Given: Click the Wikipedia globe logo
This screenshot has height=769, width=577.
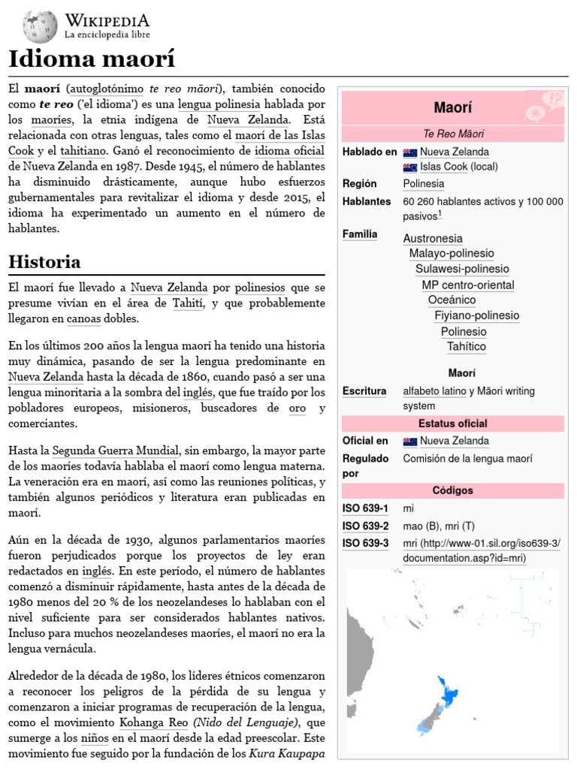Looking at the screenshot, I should coord(40,26).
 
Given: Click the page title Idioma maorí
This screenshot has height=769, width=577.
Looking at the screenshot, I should coord(91,59).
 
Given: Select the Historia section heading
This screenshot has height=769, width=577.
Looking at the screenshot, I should coord(44,262).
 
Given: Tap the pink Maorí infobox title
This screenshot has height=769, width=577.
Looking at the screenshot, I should coord(453,107).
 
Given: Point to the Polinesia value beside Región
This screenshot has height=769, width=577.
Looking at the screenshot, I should coord(423,184).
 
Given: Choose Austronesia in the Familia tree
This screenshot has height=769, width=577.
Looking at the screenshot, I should coord(433,238).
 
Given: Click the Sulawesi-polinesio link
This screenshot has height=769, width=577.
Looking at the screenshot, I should coord(462,269).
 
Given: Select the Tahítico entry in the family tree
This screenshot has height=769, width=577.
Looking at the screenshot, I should coord(466,347).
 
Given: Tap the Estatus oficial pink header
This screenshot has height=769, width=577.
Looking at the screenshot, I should coord(452,424).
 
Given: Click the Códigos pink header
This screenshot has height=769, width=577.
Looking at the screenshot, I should coord(452,490).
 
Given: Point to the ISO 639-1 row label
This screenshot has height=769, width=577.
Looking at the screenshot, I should coord(365,509).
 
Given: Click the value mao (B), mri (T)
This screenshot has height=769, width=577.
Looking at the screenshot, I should coord(439,526).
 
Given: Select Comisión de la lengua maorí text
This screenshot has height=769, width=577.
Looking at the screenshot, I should coord(467,458).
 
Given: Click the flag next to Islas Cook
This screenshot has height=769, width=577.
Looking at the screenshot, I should coord(409,167).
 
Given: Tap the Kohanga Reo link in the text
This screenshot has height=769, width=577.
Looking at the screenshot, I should coord(154,723).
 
